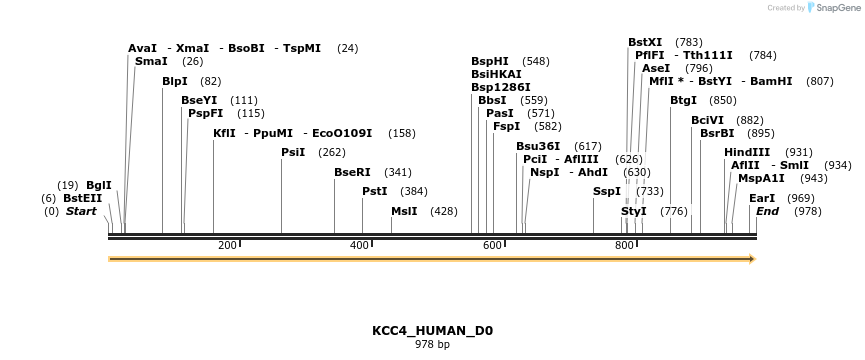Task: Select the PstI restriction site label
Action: click(x=374, y=191)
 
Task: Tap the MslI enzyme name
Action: click(x=404, y=211)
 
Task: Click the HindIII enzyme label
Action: click(x=747, y=152)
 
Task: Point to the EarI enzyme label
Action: click(x=762, y=198)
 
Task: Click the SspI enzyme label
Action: click(x=607, y=191)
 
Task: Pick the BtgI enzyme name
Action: click(x=683, y=100)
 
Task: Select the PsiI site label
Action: click(x=293, y=152)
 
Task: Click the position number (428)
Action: click(x=443, y=211)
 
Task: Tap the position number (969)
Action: click(x=801, y=198)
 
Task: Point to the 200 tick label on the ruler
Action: click(x=226, y=246)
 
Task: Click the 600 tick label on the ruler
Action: click(x=491, y=246)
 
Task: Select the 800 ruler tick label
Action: click(x=624, y=246)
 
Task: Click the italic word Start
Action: click(x=81, y=211)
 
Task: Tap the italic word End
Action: click(x=767, y=211)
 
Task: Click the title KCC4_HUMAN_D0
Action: click(x=432, y=330)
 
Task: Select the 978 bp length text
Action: click(x=432, y=345)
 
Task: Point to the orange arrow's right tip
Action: click(x=753, y=259)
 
